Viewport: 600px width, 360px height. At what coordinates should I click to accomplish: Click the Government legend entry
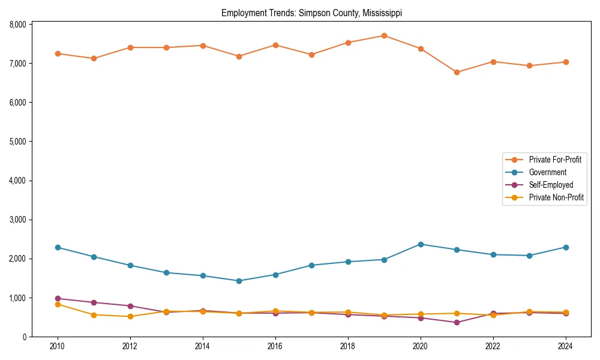click(547, 172)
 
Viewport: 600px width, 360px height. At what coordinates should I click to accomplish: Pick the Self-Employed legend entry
click(551, 185)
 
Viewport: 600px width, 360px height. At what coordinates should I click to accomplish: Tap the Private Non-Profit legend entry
click(556, 197)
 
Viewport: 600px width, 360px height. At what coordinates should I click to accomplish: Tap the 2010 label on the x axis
click(58, 347)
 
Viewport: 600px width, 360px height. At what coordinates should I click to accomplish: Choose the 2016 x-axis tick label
click(275, 347)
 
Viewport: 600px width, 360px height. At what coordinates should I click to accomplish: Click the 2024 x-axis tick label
click(565, 347)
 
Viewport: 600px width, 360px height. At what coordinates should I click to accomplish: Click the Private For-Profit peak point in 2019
click(384, 35)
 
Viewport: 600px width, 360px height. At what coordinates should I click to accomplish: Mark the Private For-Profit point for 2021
click(457, 72)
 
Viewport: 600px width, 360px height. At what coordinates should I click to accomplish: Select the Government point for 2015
click(239, 281)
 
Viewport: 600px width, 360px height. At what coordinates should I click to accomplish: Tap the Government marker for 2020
click(420, 244)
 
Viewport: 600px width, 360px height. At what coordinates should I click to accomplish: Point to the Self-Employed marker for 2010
click(58, 298)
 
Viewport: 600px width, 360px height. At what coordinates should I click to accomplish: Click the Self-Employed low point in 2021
click(457, 322)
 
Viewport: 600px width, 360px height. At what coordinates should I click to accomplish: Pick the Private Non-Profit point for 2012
click(130, 316)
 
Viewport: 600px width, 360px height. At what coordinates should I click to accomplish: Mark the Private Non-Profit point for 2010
click(58, 304)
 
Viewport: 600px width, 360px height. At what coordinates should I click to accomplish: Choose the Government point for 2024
click(565, 247)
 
